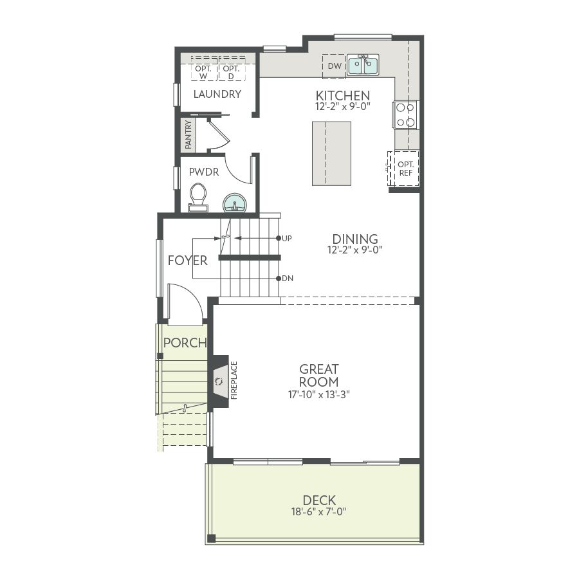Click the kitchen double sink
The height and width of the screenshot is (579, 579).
363,65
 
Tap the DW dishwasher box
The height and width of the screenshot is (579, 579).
334,66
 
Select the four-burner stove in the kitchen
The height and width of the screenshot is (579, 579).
405,115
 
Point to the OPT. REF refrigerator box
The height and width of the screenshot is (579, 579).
403,169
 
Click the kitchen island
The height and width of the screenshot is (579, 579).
331,153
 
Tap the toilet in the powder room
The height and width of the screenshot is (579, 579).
198,198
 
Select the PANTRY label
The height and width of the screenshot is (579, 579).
188,135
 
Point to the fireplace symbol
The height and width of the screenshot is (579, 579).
219,381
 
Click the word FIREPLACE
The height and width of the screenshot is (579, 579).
234,380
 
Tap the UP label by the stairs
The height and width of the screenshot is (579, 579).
286,239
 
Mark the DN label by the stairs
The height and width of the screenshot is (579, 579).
288,279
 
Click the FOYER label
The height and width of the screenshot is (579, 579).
188,261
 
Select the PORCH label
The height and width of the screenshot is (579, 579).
185,343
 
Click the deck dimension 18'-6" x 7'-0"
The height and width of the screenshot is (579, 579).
319,512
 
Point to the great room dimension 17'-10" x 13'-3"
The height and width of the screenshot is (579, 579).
319,395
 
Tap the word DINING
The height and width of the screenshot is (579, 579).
355,239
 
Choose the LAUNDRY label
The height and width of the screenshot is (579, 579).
217,94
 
